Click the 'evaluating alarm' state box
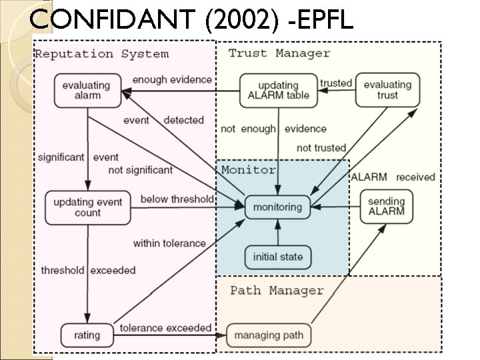point(87,90)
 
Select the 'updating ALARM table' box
point(278,90)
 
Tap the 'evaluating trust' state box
point(387,90)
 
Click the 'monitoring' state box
point(277,207)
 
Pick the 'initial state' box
point(277,257)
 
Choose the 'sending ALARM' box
point(387,207)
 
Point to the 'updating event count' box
point(87,207)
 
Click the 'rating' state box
point(87,334)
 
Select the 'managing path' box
point(269,334)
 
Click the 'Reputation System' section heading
point(101,54)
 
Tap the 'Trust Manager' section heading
point(279,53)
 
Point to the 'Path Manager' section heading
point(277,291)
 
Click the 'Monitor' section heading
point(248,170)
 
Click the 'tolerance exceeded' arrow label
point(165,328)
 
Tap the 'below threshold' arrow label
point(177,199)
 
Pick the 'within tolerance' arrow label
point(169,243)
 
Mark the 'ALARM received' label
point(393,177)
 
